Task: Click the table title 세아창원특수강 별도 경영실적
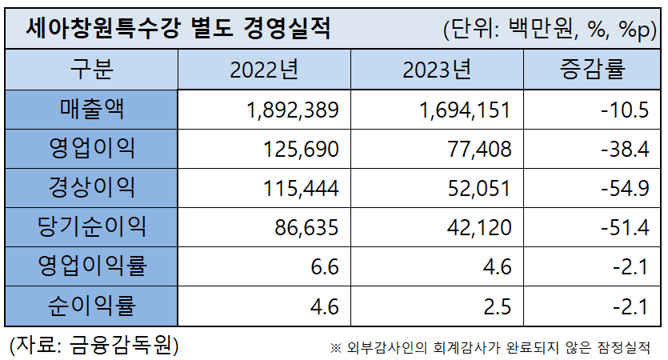point(177,29)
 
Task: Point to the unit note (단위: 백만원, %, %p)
point(549,30)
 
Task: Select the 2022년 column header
point(263,70)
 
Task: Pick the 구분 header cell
point(92,70)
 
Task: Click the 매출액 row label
point(92,109)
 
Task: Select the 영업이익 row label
point(92,148)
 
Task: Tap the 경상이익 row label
point(92,187)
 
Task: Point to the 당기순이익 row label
point(92,226)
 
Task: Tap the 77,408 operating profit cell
point(478,149)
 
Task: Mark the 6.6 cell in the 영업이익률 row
point(326,266)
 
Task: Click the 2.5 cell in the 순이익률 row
point(497,306)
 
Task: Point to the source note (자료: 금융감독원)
point(94,345)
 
